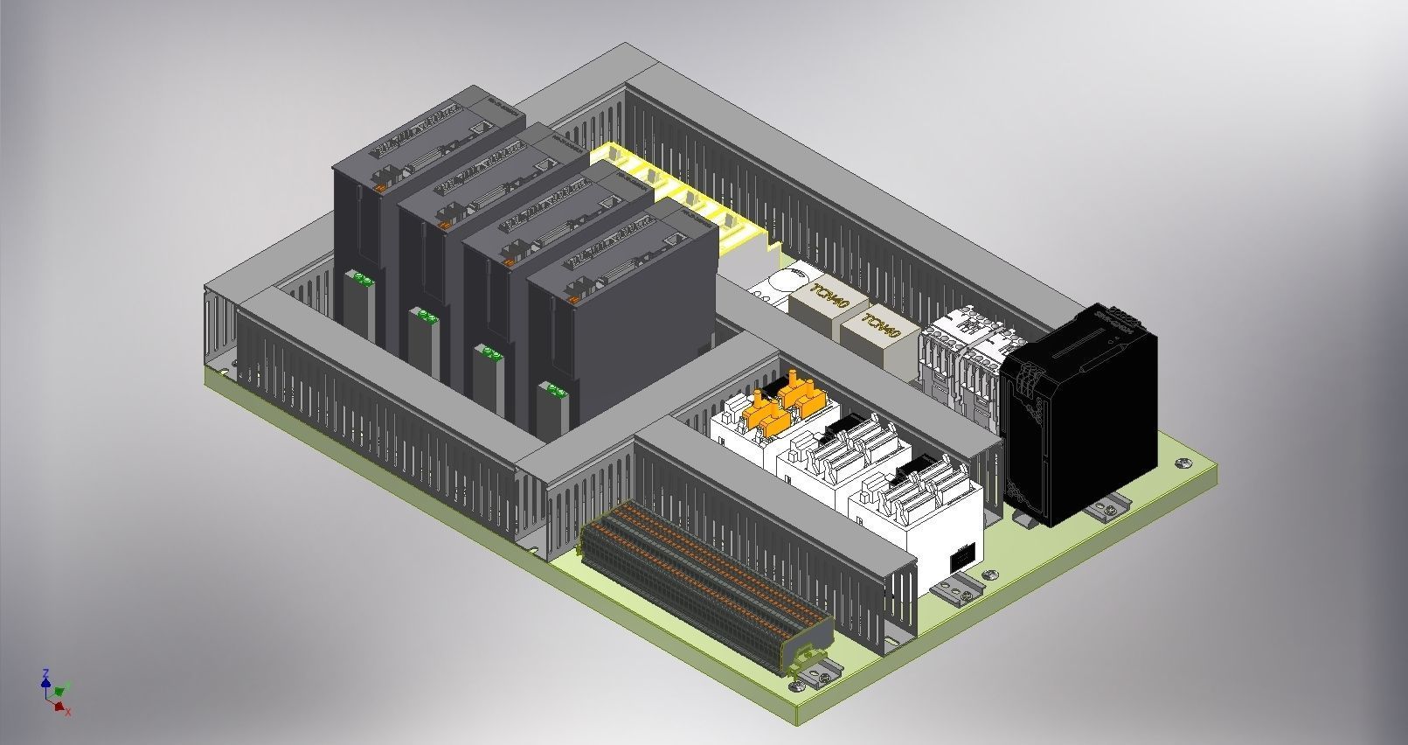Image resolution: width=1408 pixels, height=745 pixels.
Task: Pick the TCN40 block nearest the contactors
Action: (879, 334)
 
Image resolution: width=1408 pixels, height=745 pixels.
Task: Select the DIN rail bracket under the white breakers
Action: (959, 588)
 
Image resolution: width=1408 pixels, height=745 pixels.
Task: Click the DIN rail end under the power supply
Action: (1111, 508)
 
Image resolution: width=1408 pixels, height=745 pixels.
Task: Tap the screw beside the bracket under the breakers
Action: (990, 574)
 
